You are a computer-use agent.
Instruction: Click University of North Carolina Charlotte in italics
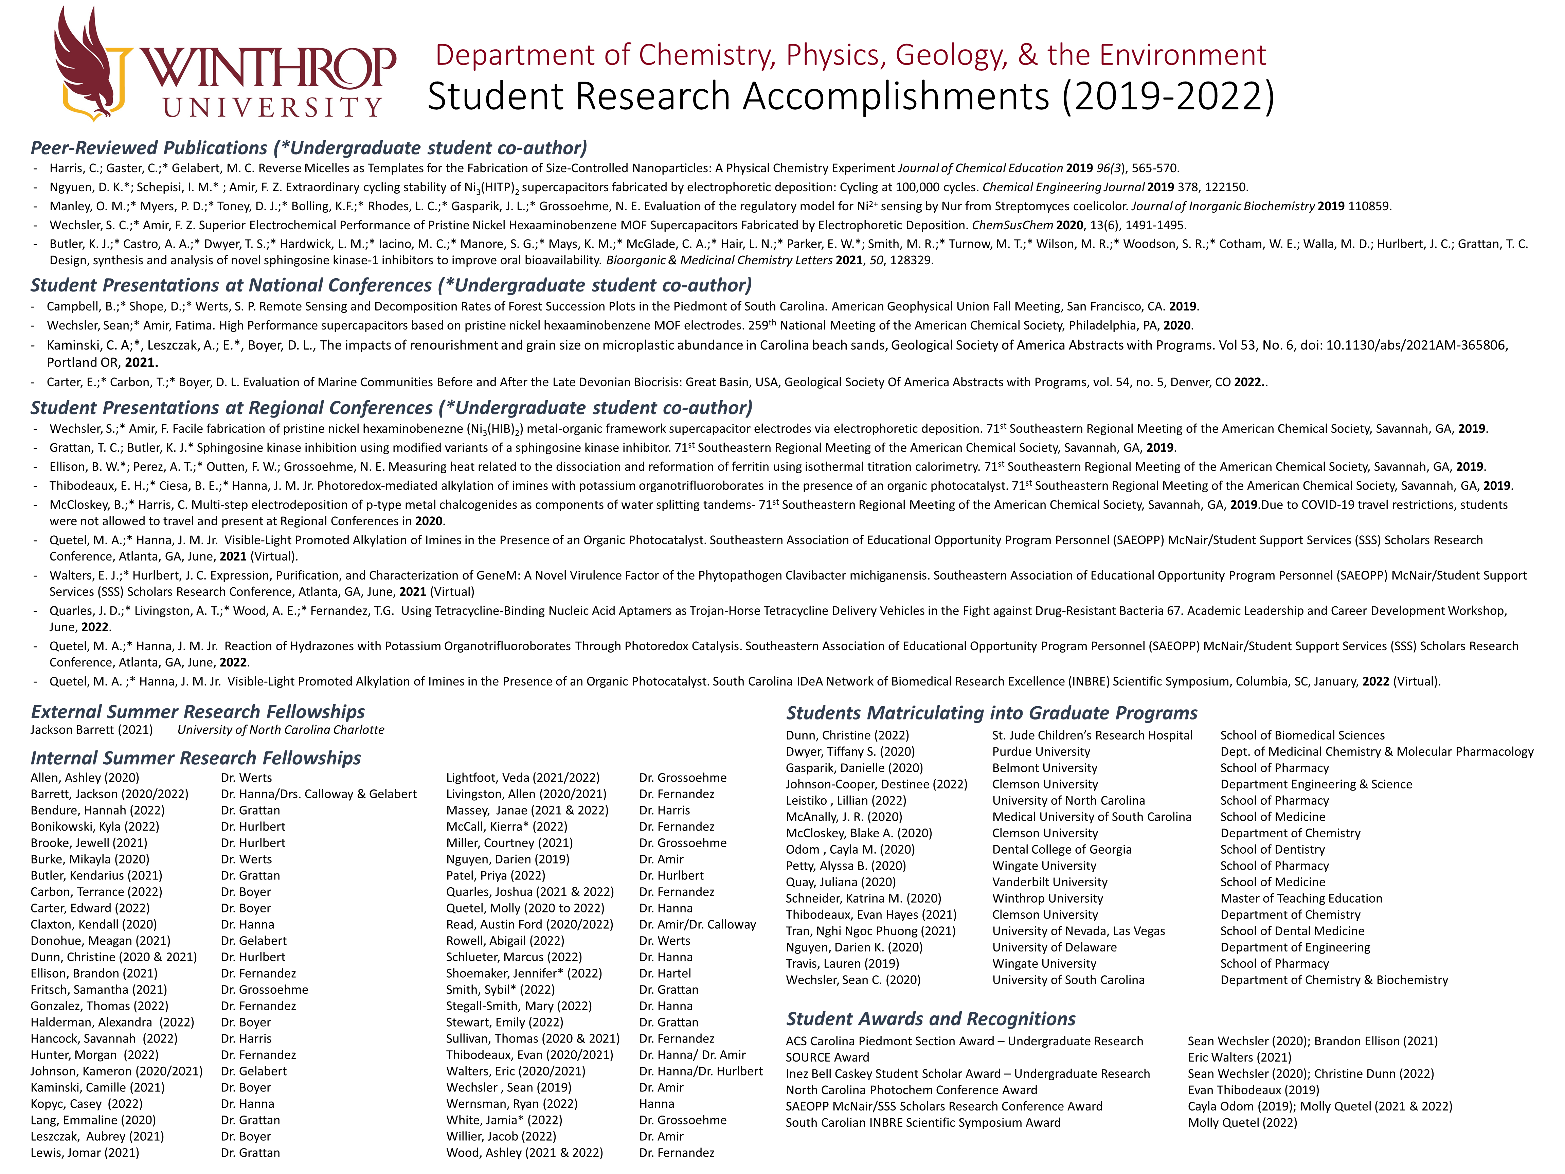tap(281, 730)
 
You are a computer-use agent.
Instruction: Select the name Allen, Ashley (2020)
tap(85, 778)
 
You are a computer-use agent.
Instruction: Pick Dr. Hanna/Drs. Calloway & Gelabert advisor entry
tap(318, 794)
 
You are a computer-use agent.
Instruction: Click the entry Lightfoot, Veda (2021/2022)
tap(522, 778)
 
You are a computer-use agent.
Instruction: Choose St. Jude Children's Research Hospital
tap(1092, 735)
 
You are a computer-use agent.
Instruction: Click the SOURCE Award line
tap(827, 1057)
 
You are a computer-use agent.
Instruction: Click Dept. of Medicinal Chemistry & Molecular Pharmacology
tap(1376, 751)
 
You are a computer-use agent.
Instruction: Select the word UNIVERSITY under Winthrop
tap(272, 108)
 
